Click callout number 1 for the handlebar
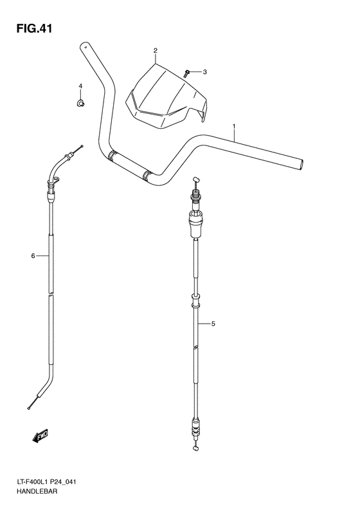click(x=235, y=126)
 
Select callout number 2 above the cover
click(x=155, y=50)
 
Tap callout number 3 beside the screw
click(x=206, y=71)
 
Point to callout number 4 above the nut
click(x=81, y=86)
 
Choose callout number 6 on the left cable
click(x=32, y=256)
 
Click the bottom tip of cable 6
click(x=30, y=407)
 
